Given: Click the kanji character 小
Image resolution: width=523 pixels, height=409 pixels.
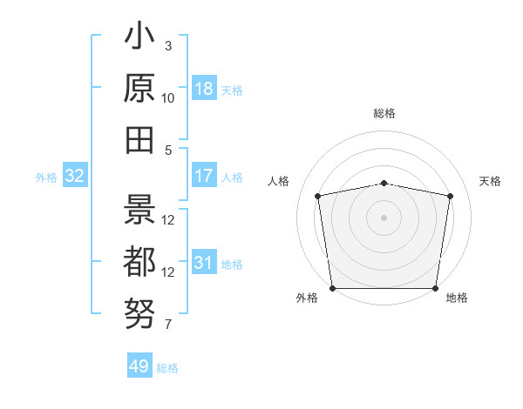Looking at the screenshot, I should coord(139,40).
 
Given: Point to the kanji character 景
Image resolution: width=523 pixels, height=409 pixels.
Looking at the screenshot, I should coord(139,208).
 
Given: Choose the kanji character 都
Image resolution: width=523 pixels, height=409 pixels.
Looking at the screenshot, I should coord(139,261).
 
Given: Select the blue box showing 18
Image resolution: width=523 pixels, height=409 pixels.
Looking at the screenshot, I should coord(204,89).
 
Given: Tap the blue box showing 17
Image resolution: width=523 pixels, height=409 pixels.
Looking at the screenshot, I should coord(204,177).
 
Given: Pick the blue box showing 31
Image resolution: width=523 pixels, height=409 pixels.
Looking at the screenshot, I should coord(204,264).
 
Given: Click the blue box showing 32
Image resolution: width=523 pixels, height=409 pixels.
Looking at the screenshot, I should coord(74,177).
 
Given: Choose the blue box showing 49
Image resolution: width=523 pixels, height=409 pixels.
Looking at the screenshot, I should coord(139,366).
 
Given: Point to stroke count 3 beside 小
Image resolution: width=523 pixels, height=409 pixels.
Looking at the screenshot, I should coord(167,45).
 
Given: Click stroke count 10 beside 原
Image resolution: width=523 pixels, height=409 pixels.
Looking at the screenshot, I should coord(168,97).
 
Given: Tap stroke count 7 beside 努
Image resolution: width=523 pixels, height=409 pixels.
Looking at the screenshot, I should coord(167,325).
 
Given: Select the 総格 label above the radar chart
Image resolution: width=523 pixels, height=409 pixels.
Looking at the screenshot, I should coord(384,113).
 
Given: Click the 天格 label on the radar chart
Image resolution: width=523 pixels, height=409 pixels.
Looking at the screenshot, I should coord(490,181).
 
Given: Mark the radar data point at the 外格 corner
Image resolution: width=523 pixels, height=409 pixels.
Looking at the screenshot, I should coord(332,288).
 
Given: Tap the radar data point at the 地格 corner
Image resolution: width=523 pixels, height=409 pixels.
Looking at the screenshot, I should coord(436,288).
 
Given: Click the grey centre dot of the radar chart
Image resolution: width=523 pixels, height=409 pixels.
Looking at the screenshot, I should coord(384,217).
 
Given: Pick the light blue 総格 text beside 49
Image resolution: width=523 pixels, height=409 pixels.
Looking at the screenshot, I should coord(167,368).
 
